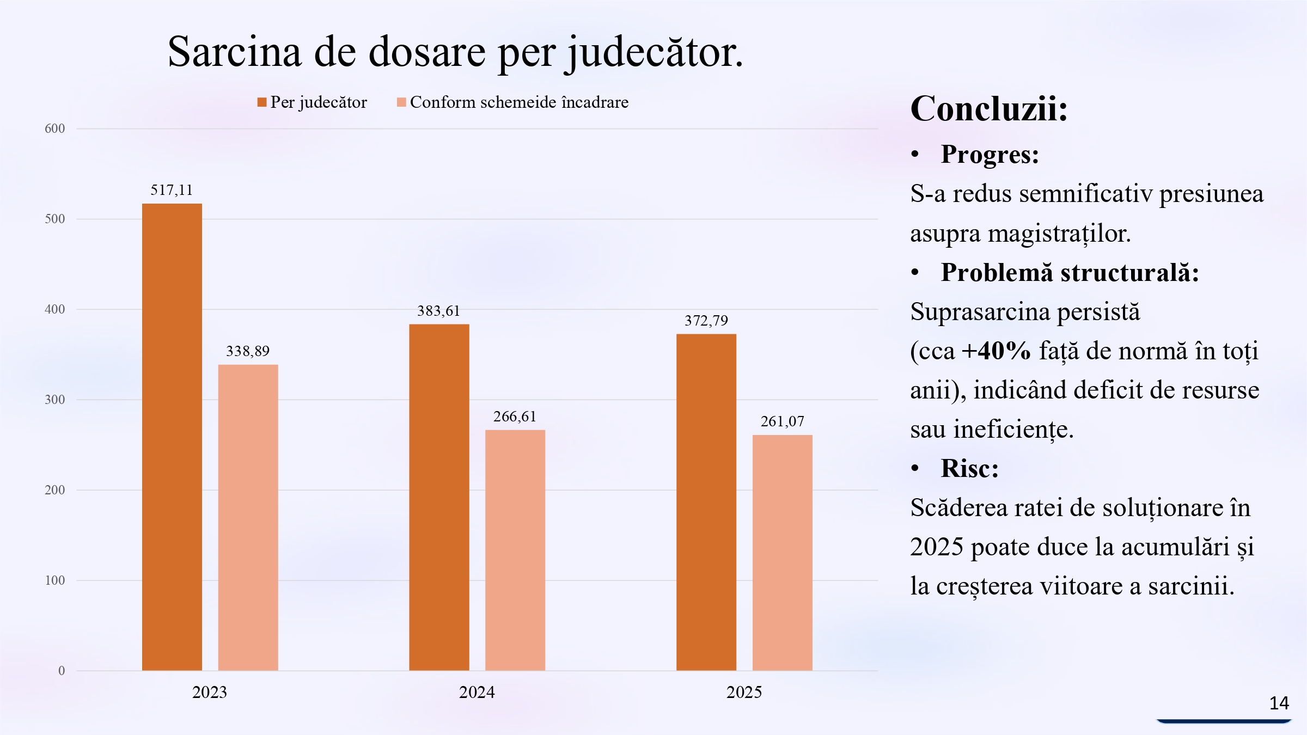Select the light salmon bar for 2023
pos(248,517)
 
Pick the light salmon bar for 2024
pos(515,550)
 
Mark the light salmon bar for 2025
pos(782,553)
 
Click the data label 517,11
pos(172,190)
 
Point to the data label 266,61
pos(515,416)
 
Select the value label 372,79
pos(706,320)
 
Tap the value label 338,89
pos(248,351)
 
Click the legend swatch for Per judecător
pos(262,102)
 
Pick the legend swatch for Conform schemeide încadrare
pos(401,102)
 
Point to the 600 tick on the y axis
pos(54,128)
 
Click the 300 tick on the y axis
pos(54,400)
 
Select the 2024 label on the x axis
pos(477,692)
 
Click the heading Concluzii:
pos(988,108)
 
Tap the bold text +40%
pos(995,351)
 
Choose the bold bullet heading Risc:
pos(969,468)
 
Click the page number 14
pos(1279,703)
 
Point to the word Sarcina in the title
pos(234,52)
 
